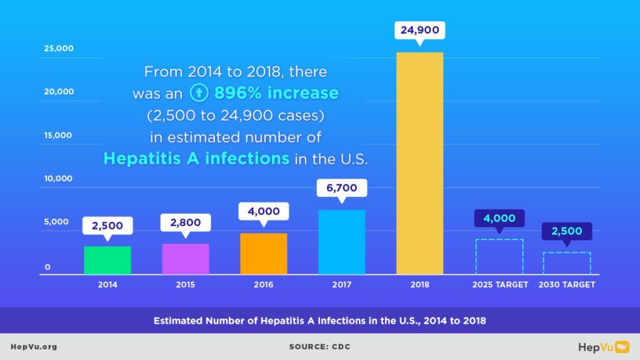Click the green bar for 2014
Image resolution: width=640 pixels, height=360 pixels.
point(107,260)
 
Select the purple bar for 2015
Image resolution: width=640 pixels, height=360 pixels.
point(186,259)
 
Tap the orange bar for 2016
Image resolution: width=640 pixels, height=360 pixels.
point(264,254)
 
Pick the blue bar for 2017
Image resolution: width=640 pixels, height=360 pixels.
point(342,242)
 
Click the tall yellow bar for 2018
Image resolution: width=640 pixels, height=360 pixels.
point(420,163)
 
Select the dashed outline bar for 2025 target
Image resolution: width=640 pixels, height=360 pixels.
point(499,256)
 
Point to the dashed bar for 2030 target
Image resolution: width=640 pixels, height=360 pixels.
point(567,263)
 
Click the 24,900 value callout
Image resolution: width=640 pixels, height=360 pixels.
point(420,29)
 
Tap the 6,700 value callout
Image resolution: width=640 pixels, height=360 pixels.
point(342,187)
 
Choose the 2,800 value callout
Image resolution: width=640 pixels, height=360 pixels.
point(186,222)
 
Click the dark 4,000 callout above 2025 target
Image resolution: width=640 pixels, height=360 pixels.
point(499,218)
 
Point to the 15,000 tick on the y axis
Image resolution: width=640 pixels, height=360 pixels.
point(58,135)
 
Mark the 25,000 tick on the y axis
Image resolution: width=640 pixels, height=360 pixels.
point(58,48)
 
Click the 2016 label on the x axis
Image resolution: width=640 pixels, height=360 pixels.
point(264,284)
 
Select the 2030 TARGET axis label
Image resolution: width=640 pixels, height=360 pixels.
point(567,284)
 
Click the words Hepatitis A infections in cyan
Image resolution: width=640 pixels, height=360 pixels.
point(196,158)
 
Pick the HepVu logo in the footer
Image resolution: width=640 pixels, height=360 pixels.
point(602,346)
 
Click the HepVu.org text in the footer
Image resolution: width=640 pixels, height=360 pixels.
point(34,346)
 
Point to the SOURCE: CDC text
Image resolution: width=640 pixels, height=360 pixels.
point(319,346)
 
